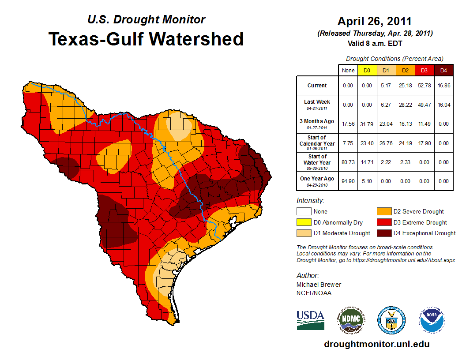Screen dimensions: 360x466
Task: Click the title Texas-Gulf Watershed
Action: [146, 39]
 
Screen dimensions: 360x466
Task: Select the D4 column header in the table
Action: [443, 70]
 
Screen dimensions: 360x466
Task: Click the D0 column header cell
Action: [367, 70]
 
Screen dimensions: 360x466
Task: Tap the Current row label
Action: [317, 86]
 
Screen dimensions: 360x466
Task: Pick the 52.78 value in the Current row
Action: [424, 86]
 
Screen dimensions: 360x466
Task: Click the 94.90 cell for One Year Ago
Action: [348, 181]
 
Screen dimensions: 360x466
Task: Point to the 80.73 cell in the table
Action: [348, 162]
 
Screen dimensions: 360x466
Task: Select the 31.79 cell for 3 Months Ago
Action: [367, 124]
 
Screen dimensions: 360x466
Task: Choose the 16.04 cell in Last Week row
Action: [443, 105]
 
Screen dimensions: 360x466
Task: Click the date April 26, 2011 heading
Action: [375, 21]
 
